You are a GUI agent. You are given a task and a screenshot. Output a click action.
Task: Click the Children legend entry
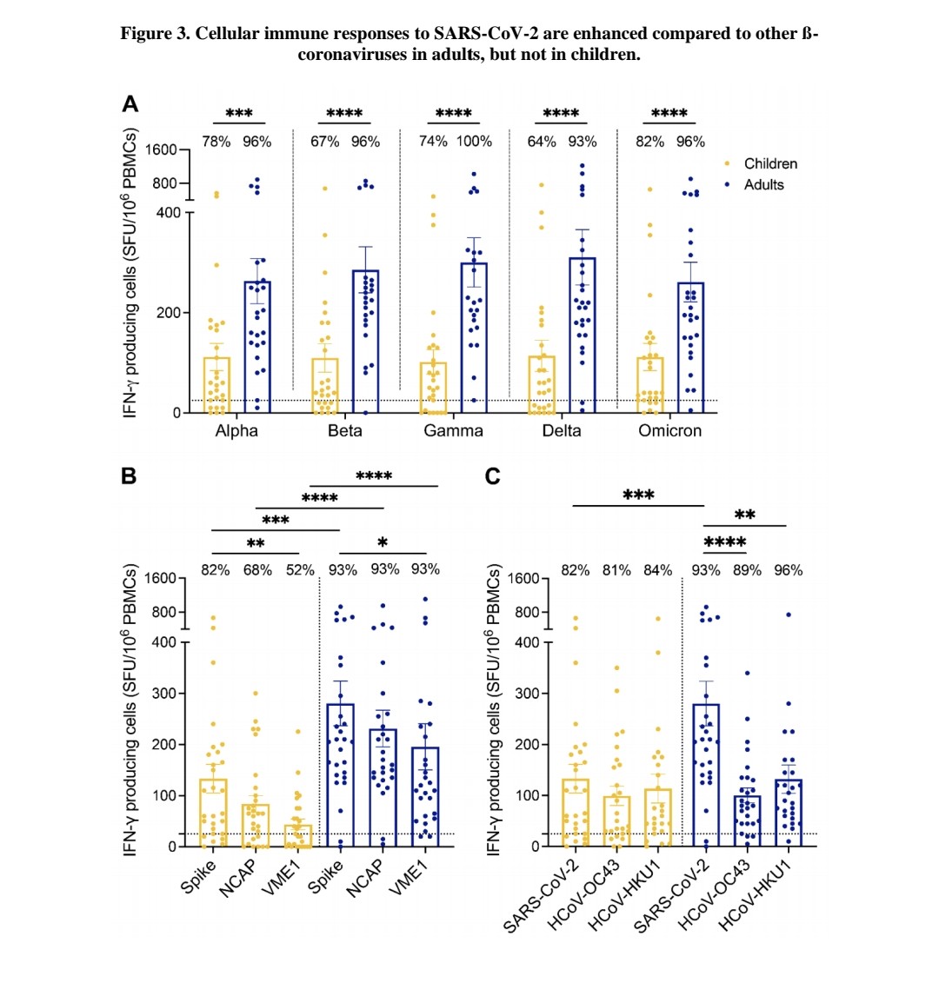click(769, 163)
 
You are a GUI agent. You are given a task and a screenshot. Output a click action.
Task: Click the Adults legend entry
click(763, 184)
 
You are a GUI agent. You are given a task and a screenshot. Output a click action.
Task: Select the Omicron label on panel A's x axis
click(669, 431)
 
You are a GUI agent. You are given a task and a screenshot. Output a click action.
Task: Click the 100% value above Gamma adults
click(474, 142)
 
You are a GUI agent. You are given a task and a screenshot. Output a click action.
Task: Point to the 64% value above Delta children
click(541, 142)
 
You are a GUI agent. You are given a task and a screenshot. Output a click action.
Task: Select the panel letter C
click(493, 477)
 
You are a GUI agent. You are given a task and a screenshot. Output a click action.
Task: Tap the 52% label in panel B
click(300, 570)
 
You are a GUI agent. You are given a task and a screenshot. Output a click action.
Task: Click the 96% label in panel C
click(788, 570)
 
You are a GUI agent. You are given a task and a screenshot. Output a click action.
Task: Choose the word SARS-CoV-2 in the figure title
click(483, 35)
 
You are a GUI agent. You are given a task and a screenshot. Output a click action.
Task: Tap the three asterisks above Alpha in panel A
click(238, 114)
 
